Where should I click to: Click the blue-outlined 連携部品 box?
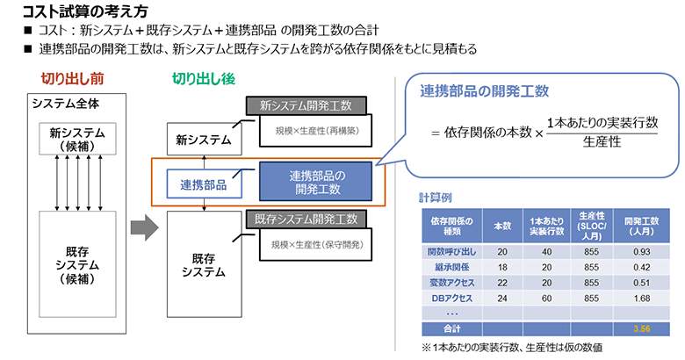204,184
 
